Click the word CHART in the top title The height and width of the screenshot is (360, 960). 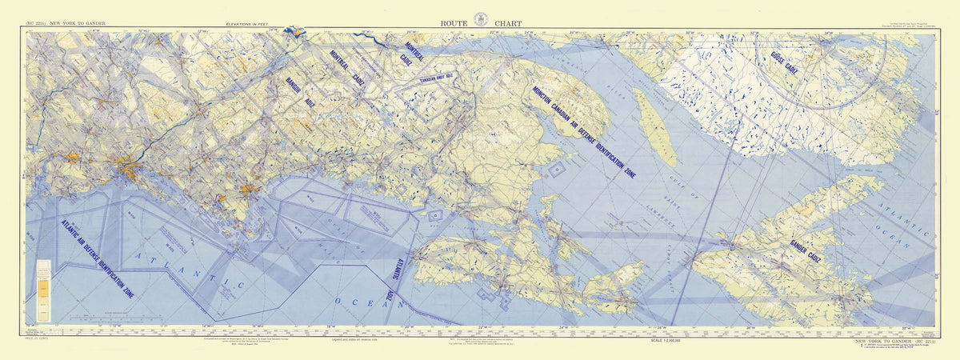pyautogui.click(x=506, y=24)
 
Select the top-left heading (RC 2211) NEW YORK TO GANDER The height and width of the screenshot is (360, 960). pyautogui.click(x=70, y=25)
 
